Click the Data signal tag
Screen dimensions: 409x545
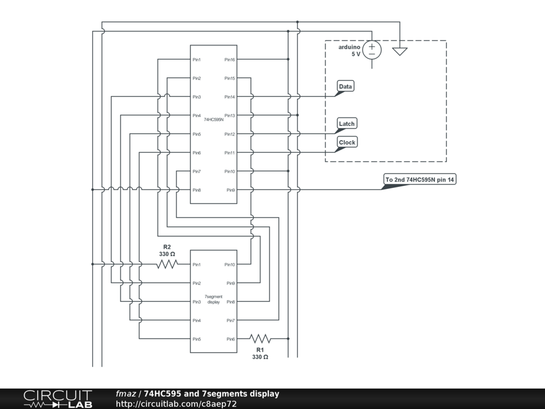[x=345, y=86]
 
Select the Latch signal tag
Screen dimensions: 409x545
[x=346, y=124]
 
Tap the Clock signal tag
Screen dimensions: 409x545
[x=347, y=142]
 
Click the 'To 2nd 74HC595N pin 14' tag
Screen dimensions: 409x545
[x=420, y=179]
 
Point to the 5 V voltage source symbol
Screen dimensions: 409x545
[x=372, y=50]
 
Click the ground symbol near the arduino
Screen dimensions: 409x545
[x=400, y=51]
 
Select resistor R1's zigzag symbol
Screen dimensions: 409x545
[x=260, y=339]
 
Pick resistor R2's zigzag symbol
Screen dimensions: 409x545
[x=167, y=264]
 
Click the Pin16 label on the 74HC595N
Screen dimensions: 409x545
[x=229, y=60]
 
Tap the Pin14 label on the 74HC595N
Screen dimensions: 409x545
[x=229, y=97]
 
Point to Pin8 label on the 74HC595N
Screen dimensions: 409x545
[x=196, y=190]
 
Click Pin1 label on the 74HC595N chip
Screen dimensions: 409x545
[x=196, y=60]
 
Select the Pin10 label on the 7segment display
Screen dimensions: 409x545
[x=229, y=265]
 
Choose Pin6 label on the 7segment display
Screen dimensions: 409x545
[x=230, y=339]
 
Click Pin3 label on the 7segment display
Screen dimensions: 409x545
[x=196, y=302]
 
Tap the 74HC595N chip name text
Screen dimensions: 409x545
[x=213, y=120]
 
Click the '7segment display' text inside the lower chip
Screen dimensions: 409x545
[x=213, y=299]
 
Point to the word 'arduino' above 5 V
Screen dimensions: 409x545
[x=350, y=47]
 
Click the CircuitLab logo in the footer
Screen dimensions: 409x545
[x=57, y=399]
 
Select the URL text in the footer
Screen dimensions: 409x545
[x=176, y=404]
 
